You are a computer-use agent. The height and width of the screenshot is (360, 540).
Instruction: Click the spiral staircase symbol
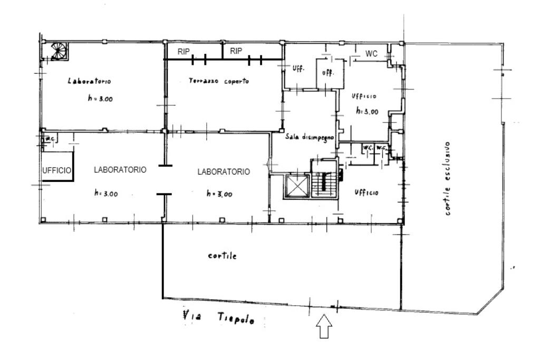click(59, 51)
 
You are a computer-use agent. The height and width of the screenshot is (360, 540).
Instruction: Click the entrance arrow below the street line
click(324, 326)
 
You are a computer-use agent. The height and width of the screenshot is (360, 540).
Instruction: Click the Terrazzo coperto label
click(219, 81)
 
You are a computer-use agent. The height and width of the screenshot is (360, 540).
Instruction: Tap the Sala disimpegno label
click(310, 137)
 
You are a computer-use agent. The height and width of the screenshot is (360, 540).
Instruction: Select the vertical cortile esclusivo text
click(447, 179)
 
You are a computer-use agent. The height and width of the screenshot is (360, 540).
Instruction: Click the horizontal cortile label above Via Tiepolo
click(223, 256)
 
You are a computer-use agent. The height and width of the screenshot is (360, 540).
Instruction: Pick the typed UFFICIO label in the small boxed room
click(57, 170)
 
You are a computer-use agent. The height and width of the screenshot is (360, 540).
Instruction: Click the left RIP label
click(184, 52)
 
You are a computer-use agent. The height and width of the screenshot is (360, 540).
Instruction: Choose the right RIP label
click(236, 51)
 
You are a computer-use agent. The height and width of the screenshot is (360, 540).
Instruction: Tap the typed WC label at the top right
click(371, 54)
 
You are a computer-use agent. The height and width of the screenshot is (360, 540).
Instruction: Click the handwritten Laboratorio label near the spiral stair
click(90, 81)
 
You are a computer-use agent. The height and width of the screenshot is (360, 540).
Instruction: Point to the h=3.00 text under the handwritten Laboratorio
click(100, 99)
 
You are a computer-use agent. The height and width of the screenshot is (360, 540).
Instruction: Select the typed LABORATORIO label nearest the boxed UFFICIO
click(120, 170)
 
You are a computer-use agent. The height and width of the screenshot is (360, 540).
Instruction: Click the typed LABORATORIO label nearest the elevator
click(224, 172)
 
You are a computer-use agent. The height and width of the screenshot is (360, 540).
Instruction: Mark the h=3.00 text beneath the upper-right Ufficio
click(367, 111)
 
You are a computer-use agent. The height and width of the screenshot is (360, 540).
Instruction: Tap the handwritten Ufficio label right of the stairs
click(367, 192)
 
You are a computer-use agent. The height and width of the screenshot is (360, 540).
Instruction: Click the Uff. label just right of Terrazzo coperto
click(298, 68)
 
